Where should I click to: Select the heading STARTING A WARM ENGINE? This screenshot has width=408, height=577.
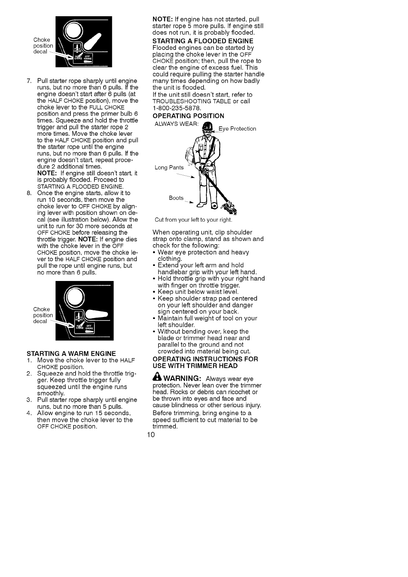71,353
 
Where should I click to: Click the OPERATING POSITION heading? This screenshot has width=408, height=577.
188,116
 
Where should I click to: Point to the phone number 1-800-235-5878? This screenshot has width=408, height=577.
177,108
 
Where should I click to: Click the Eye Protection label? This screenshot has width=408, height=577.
237,129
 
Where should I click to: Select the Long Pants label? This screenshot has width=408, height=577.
169,167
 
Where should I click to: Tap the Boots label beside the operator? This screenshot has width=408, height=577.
176,198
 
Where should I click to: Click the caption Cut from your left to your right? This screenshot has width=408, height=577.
193,220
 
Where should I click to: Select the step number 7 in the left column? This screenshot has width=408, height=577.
28,81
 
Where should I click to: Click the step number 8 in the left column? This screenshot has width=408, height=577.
28,193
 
